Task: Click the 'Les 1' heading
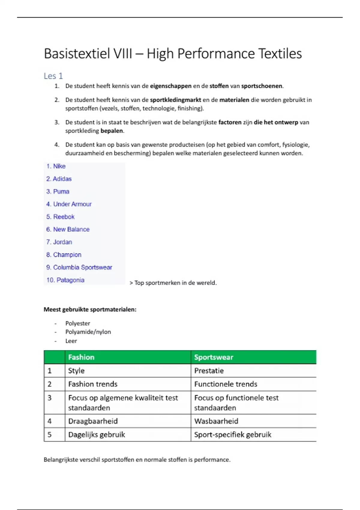click(x=53, y=76)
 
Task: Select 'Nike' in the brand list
click(x=59, y=166)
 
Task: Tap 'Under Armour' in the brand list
click(x=72, y=204)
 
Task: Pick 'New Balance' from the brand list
click(x=71, y=229)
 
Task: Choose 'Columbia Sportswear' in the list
click(x=82, y=267)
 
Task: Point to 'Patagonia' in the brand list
click(x=70, y=280)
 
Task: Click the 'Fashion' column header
click(x=81, y=357)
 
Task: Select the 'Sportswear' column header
click(x=214, y=357)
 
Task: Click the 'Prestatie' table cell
click(x=209, y=370)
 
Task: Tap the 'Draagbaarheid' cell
click(x=93, y=421)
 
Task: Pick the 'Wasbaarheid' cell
click(x=216, y=421)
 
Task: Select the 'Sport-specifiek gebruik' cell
click(x=232, y=434)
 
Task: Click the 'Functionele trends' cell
click(x=226, y=384)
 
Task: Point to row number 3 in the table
click(x=50, y=398)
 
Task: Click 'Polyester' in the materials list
click(x=78, y=323)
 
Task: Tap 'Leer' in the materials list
click(x=71, y=341)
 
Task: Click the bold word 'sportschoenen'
click(x=262, y=86)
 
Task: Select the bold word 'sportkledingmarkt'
click(x=175, y=100)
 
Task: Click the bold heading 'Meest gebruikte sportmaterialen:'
click(x=90, y=309)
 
